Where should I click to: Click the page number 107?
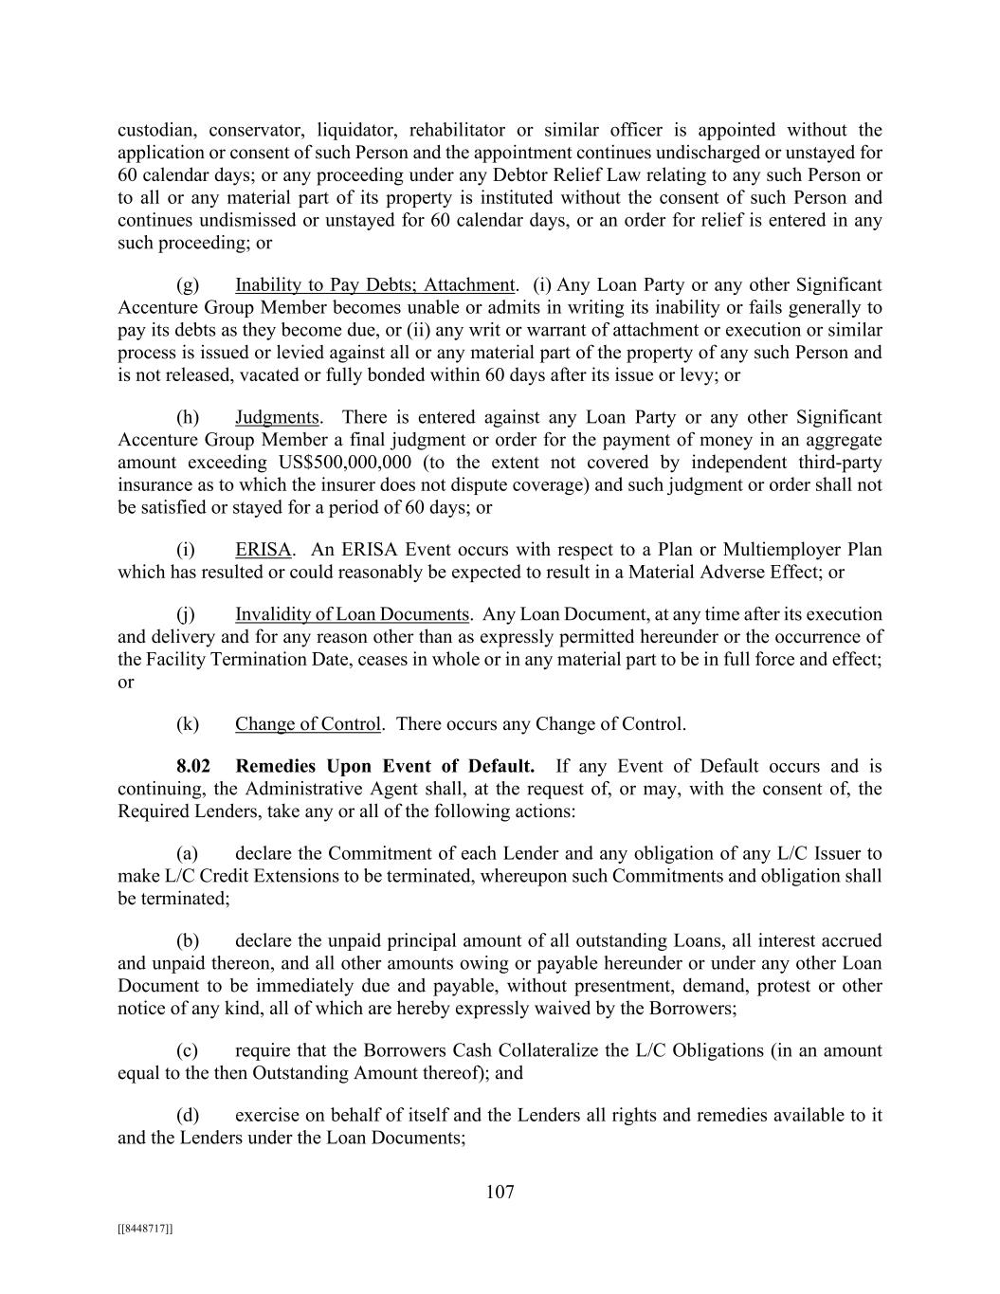pos(500,1192)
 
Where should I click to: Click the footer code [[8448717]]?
pos(145,1229)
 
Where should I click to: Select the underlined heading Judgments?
pos(277,417)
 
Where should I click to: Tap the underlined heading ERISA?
pos(263,550)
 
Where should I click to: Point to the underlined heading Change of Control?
pos(308,724)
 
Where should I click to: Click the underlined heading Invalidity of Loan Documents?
pos(352,614)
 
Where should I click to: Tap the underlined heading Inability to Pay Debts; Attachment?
pos(374,284)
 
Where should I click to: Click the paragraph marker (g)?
pos(188,284)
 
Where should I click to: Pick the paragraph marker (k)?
pos(188,724)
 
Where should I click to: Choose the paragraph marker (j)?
pos(186,614)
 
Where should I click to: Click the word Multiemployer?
pos(782,550)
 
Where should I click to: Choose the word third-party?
pos(840,463)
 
